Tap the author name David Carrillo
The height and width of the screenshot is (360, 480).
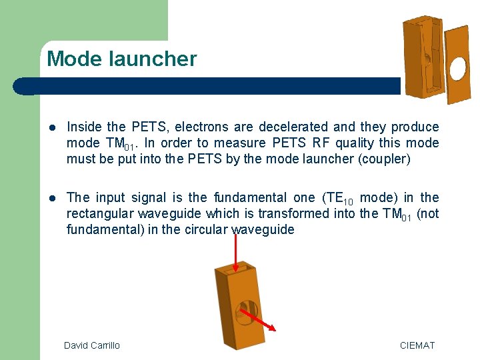click(92, 345)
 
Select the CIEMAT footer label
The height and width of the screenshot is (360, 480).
click(417, 345)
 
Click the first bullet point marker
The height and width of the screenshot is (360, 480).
click(53, 127)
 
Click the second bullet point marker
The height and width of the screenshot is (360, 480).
click(53, 197)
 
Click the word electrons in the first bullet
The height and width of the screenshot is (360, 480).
click(199, 127)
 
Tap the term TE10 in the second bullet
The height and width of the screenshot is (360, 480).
click(338, 198)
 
